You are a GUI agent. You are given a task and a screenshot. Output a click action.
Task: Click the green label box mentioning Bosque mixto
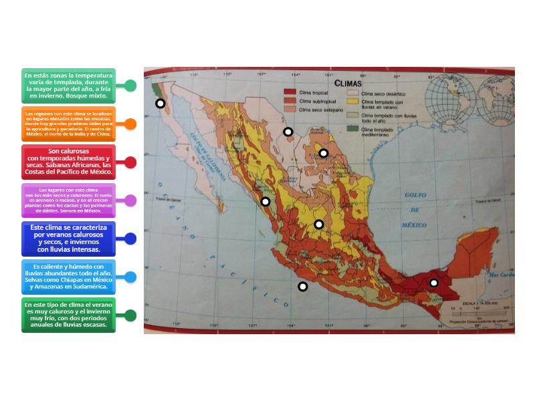(x=68, y=86)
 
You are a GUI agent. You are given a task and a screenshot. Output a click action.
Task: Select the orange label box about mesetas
(x=68, y=124)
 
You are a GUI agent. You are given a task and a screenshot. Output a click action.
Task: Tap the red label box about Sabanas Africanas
(x=68, y=162)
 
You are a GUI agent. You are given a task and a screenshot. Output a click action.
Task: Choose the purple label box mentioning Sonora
(x=68, y=200)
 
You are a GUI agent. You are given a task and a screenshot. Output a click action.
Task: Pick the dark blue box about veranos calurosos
(x=68, y=239)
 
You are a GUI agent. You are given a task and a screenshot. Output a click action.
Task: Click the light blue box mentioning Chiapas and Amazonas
(x=68, y=277)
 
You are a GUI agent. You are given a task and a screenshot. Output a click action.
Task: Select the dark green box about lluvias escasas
(x=68, y=315)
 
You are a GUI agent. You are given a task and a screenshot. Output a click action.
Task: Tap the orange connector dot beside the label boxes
(x=130, y=124)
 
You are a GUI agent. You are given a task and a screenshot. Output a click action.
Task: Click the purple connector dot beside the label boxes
(x=130, y=200)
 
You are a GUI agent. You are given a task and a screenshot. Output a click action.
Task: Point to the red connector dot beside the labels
(x=130, y=162)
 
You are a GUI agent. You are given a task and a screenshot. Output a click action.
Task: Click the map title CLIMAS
(x=348, y=84)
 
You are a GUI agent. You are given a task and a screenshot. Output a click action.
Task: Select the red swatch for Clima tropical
(x=290, y=92)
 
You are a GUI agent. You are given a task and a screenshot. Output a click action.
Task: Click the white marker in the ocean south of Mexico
(x=303, y=287)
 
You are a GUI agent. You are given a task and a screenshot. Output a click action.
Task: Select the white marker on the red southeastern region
(x=433, y=283)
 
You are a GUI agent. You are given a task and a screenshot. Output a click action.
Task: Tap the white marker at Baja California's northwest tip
(x=160, y=104)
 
